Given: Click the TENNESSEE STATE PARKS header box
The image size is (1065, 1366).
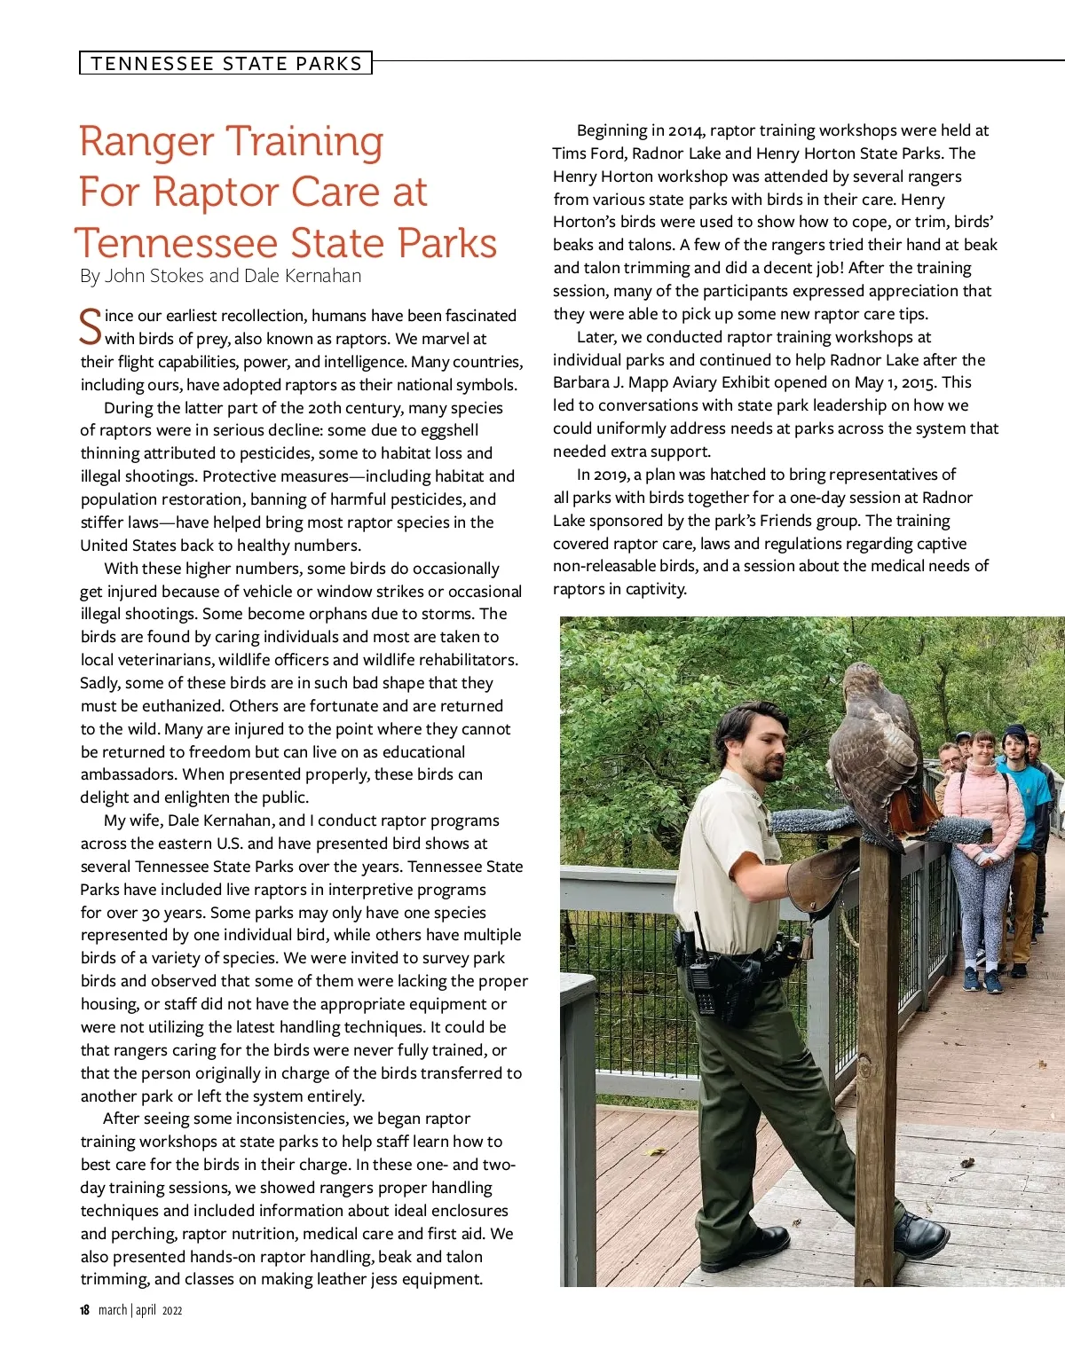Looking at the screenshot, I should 225,63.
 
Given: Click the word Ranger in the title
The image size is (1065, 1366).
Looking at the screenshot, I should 146,142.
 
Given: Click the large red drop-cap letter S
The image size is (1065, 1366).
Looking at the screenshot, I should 91,326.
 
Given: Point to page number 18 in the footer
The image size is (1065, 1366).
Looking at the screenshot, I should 84,1310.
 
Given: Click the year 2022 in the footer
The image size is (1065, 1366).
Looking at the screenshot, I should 172,1311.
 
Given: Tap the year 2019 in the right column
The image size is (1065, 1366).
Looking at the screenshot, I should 611,475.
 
